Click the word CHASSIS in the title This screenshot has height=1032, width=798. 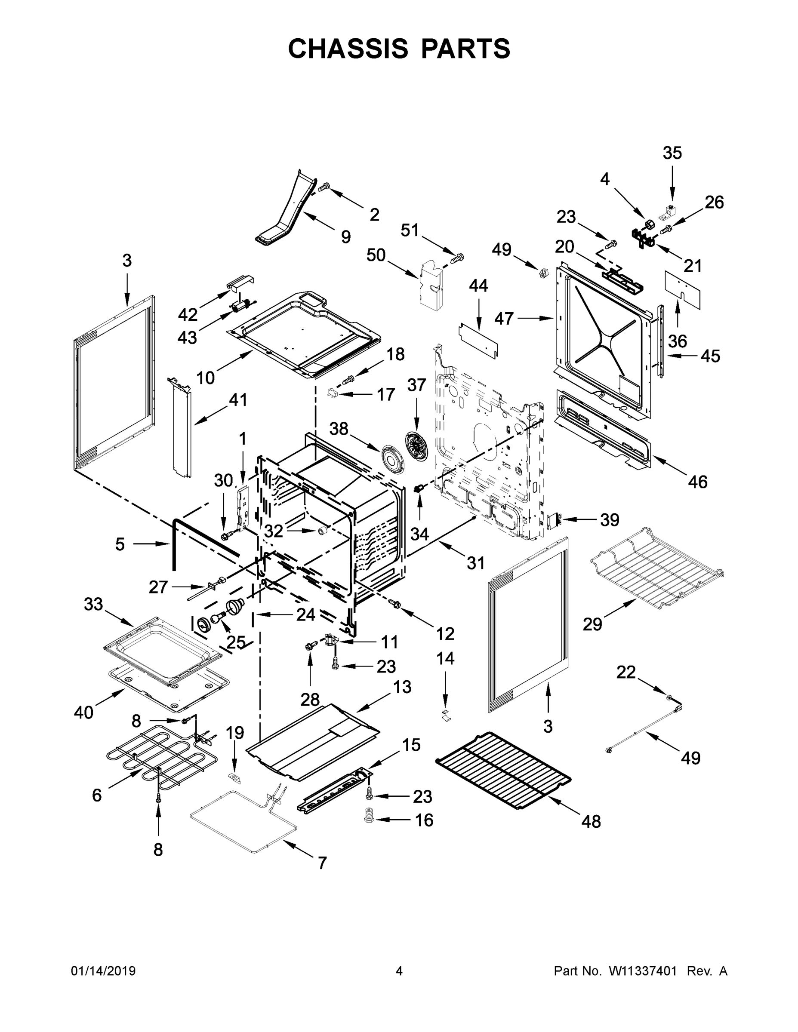348,49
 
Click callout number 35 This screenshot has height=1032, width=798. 672,153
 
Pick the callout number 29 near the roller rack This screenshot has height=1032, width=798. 592,624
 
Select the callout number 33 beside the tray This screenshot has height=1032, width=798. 93,603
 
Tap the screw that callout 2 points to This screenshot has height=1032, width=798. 324,188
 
